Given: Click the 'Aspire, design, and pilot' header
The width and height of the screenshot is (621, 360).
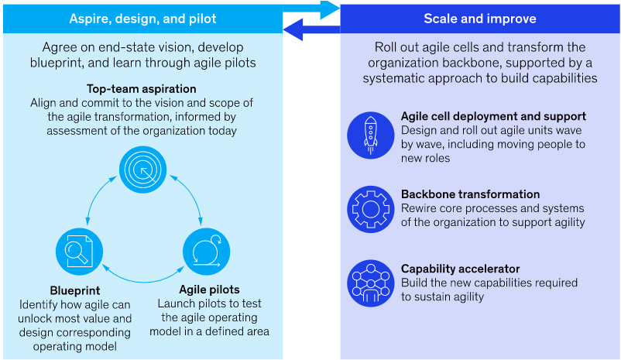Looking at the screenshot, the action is click(142, 19).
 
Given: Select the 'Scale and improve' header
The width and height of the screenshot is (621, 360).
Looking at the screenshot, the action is click(479, 19).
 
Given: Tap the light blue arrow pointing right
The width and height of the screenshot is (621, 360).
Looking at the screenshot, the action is click(311, 9).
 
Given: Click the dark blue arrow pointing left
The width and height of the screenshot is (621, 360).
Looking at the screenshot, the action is click(311, 29).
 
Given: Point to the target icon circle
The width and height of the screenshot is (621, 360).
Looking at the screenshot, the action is click(143, 170).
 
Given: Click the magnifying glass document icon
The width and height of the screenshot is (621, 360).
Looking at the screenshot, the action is click(79, 252).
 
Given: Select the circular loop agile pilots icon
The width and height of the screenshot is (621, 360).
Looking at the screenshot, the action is click(206, 252).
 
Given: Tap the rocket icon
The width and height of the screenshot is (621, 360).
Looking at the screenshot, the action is click(371, 135).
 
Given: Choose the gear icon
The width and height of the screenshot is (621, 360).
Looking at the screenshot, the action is click(371, 210).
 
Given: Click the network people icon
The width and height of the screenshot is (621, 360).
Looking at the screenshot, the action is click(371, 283).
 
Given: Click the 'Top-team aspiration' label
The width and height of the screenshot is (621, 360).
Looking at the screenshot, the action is click(142, 89).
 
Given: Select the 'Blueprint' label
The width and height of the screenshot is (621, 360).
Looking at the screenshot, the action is click(75, 290).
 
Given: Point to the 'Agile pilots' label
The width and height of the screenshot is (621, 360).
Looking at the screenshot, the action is click(209, 290).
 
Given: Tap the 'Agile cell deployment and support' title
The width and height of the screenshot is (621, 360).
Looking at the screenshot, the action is click(493, 116).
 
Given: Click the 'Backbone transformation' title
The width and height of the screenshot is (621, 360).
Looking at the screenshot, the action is click(471, 194).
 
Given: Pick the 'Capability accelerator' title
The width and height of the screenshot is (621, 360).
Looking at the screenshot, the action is click(460, 269).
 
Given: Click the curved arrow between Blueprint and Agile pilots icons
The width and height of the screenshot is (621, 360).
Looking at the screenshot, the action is click(143, 282).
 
